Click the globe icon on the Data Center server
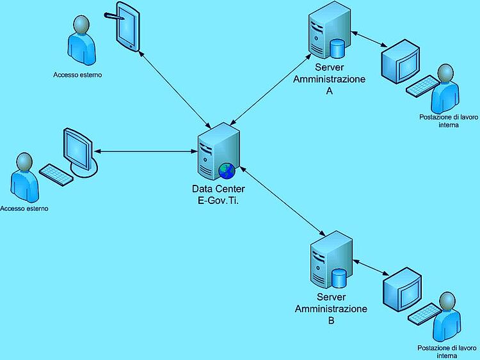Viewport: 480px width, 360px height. tap(227, 171)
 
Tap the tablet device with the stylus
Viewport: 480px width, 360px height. tap(127, 27)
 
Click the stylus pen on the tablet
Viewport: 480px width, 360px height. tap(114, 16)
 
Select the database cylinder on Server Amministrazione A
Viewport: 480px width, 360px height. tap(337, 49)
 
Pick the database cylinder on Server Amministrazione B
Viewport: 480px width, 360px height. tap(339, 278)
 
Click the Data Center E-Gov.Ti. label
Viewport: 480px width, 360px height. tap(218, 194)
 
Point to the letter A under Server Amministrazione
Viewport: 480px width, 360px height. tap(330, 91)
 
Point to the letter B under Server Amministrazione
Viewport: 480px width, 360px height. tap(332, 320)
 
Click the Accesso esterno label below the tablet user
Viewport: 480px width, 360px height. tap(77, 75)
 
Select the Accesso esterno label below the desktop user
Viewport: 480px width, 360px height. tap(24, 208)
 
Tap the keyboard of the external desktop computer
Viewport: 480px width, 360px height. tap(56, 175)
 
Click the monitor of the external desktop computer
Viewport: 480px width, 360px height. tap(80, 152)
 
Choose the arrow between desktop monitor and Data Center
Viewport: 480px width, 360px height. tap(146, 151)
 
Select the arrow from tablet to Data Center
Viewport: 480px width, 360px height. tap(175, 90)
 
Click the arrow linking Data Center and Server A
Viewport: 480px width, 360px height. tap(271, 90)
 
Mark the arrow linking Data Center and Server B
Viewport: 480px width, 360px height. tap(282, 201)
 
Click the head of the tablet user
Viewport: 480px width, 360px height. tap(82, 25)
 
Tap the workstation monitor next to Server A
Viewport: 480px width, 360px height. tap(401, 61)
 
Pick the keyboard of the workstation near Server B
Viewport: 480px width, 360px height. tap(425, 314)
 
